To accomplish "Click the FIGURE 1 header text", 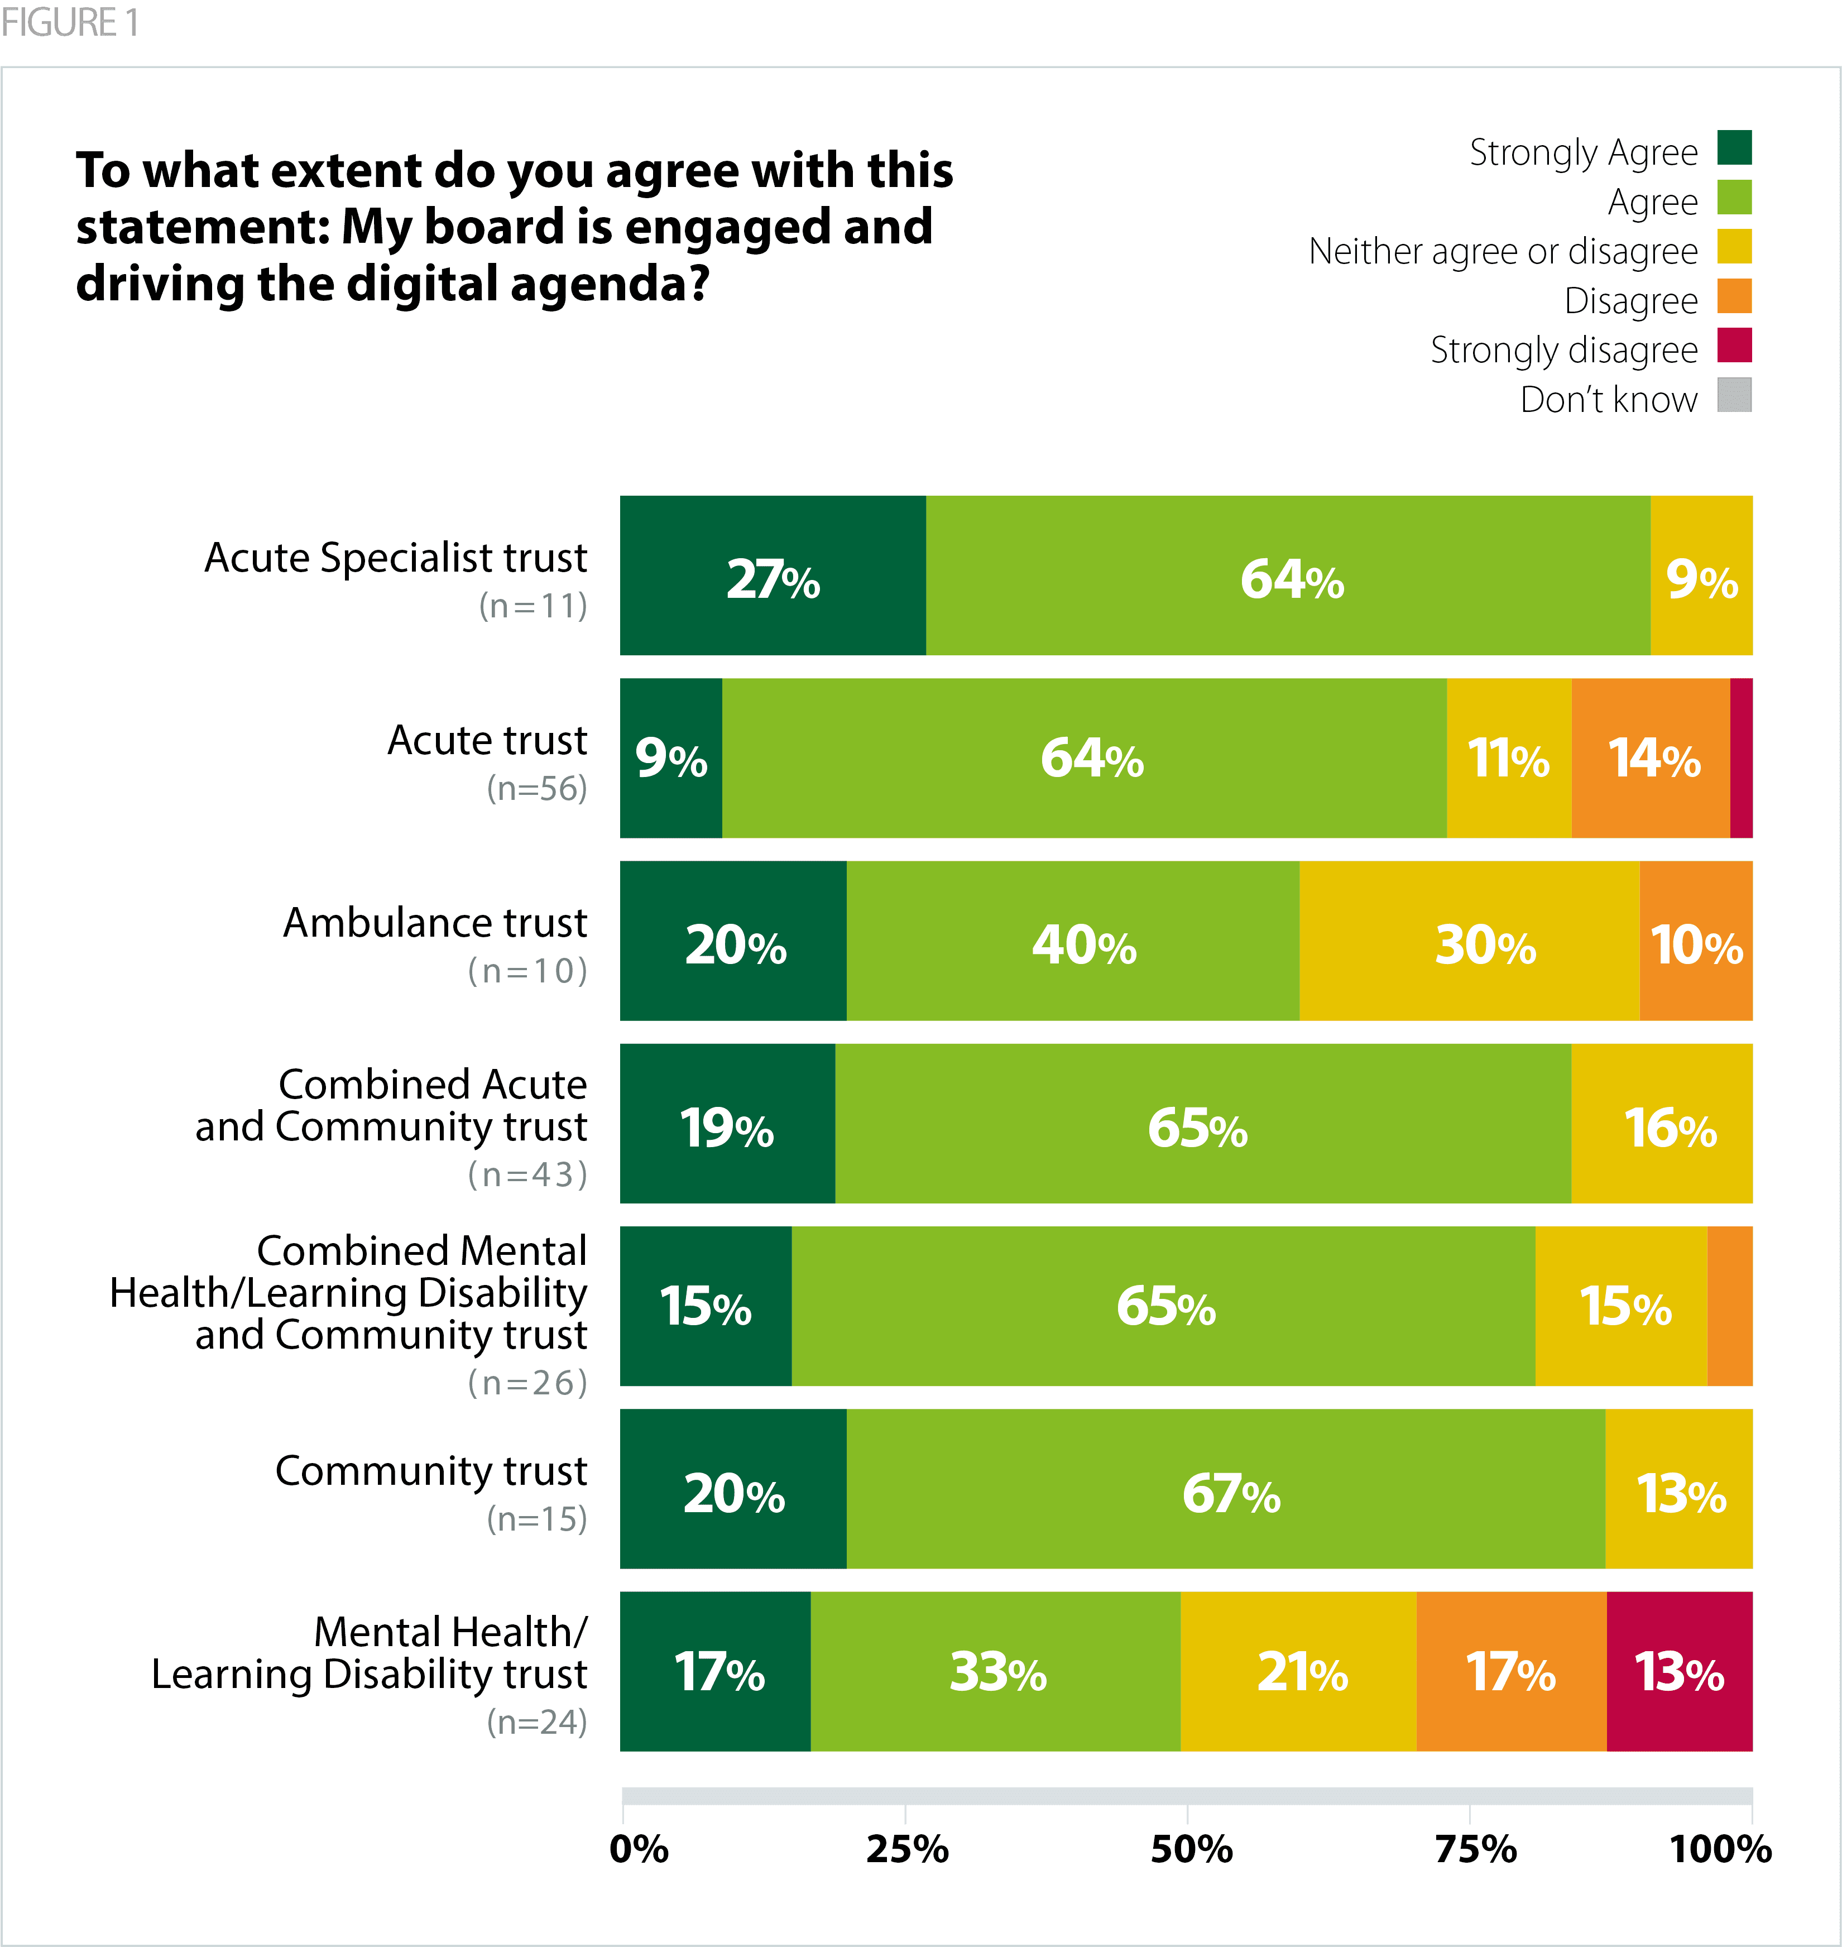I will tap(69, 22).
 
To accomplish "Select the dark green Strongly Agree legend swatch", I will tap(1734, 148).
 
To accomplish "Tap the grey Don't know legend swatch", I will tap(1734, 395).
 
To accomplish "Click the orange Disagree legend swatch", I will tap(1734, 296).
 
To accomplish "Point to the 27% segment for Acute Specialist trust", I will tap(772, 577).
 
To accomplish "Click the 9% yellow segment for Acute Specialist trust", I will tap(1701, 577).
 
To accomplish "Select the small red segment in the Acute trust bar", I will tap(1741, 758).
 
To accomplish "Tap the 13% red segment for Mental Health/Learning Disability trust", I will tap(1679, 1672).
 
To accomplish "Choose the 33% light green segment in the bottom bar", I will tap(996, 1672).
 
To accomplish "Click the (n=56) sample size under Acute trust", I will tap(537, 788).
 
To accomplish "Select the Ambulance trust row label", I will tap(435, 923).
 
